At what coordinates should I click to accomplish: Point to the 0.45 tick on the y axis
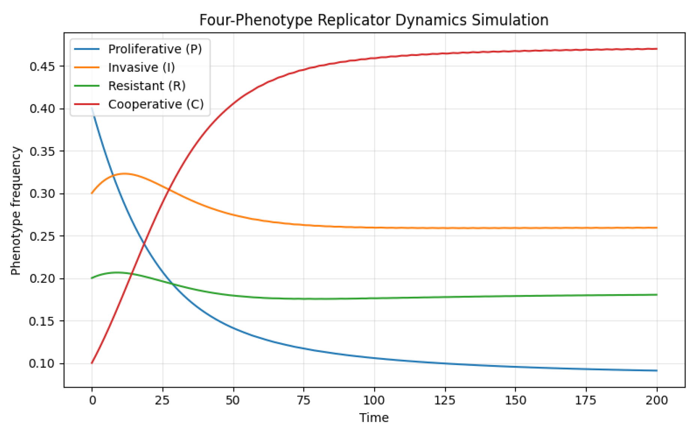[42, 66]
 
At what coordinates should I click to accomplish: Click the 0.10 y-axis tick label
[42, 364]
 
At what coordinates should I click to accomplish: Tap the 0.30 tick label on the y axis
[42, 194]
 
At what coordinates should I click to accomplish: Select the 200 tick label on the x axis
[657, 400]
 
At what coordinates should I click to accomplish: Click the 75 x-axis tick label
[304, 400]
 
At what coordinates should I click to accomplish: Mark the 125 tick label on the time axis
[445, 400]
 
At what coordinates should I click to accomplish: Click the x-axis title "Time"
[374, 418]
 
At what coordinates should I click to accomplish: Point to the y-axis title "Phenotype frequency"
[16, 211]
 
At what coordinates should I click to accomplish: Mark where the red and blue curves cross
[144, 245]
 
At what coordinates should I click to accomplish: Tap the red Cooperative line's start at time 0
[92, 363]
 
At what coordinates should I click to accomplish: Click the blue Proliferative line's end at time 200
[657, 371]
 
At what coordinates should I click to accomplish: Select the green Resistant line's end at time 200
[657, 295]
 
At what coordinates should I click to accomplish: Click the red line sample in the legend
[87, 104]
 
